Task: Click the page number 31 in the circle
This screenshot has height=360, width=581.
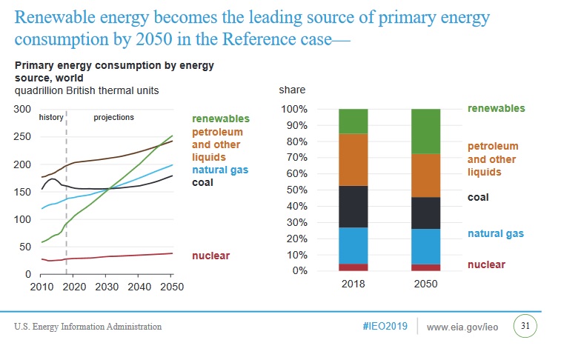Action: tap(525, 326)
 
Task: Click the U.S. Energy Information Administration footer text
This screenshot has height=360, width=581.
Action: tap(87, 327)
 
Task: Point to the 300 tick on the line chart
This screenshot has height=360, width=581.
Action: tap(22, 109)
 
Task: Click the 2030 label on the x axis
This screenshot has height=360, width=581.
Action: tap(107, 286)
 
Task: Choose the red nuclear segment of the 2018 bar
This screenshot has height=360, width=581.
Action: tap(353, 267)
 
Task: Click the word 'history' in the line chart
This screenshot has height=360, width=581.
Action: tap(50, 117)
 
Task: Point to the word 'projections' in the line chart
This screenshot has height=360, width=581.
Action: tap(113, 117)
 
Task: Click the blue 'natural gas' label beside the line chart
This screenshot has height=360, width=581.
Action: tap(220, 170)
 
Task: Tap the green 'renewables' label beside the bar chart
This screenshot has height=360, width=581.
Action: tap(496, 108)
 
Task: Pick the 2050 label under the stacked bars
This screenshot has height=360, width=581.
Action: tap(426, 284)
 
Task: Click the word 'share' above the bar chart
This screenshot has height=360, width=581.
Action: tap(291, 90)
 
